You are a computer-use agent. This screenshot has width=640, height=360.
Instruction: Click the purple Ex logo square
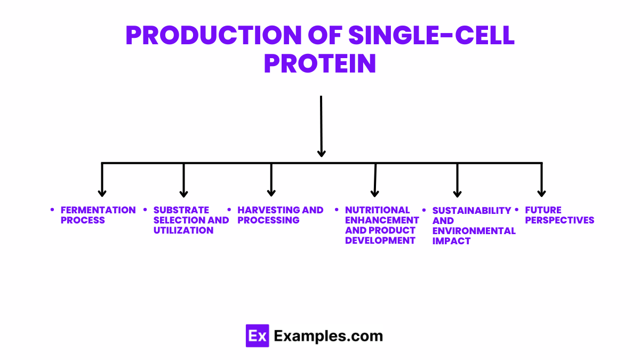[257, 336]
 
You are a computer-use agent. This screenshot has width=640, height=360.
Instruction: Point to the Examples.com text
[328, 336]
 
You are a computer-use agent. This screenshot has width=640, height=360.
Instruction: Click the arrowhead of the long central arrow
[321, 153]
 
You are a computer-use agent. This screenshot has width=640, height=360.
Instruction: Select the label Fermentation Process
[98, 215]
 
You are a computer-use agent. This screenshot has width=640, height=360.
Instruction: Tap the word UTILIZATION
[183, 230]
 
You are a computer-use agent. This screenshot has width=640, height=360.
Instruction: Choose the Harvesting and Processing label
[280, 215]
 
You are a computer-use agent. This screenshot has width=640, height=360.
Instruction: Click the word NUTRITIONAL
[377, 210]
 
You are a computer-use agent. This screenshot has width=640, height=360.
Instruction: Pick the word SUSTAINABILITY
[471, 211]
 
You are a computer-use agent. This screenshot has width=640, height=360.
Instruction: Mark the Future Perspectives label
[559, 215]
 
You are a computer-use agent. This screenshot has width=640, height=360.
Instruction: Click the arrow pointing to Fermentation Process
[102, 181]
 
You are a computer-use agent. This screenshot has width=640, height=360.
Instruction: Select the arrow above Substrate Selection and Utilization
[183, 181]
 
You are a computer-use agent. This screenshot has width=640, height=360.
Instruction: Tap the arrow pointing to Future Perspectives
[541, 181]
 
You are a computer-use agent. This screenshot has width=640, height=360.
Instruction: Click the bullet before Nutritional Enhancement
[337, 210]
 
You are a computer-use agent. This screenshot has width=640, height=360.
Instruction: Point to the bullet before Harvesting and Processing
[229, 210]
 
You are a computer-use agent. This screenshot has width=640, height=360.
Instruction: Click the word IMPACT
[451, 241]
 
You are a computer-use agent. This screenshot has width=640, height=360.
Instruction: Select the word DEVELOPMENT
[380, 241]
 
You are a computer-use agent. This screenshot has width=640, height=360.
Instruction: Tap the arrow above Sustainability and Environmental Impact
[457, 181]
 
